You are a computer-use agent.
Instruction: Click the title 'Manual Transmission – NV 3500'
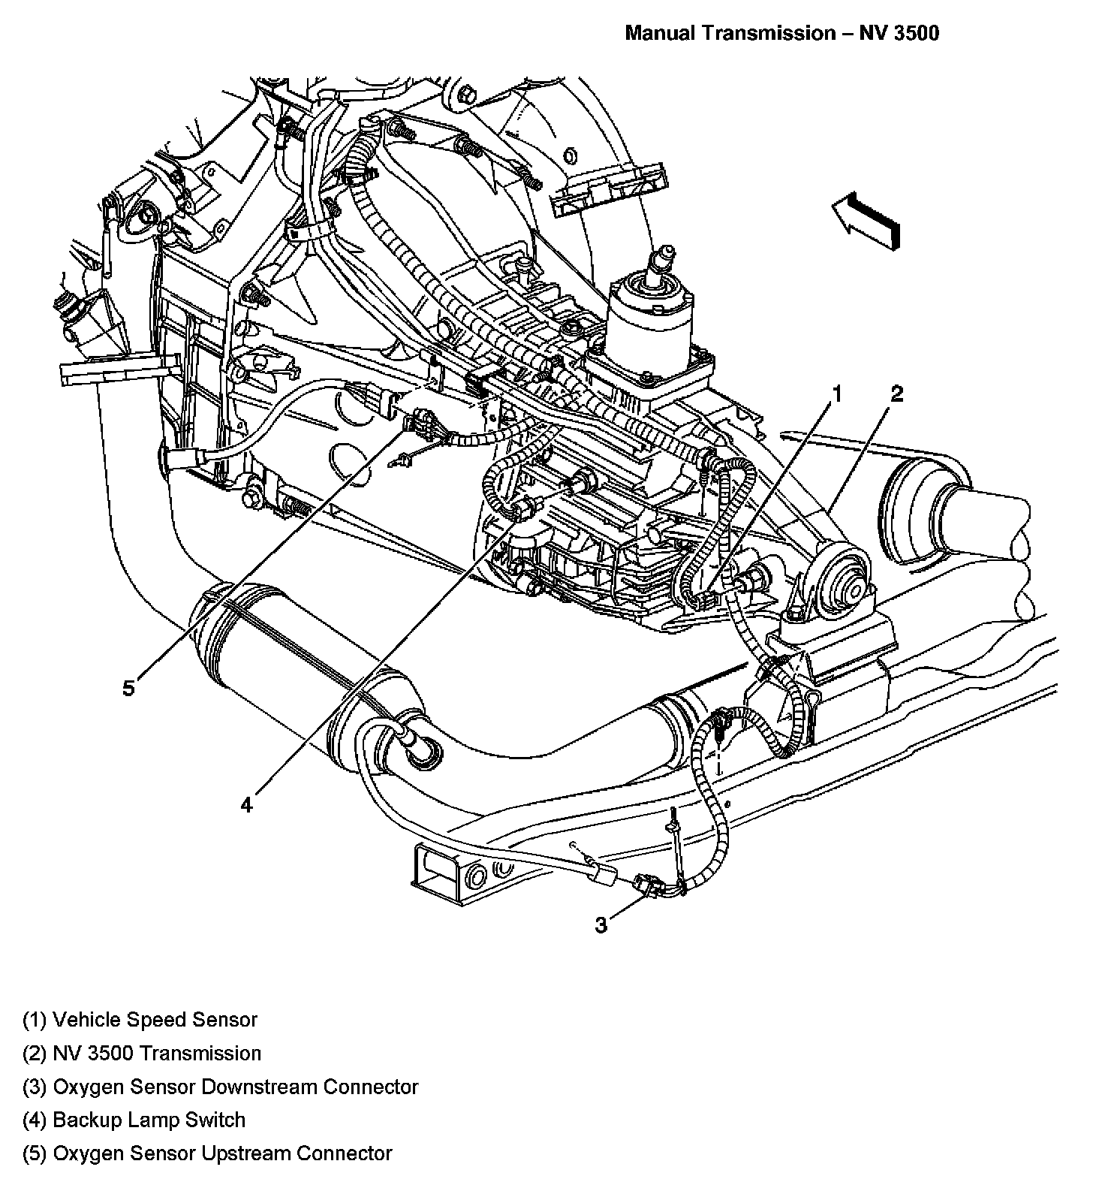tap(781, 33)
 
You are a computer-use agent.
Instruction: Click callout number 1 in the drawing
tap(836, 394)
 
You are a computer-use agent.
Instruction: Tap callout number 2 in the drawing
tap(896, 394)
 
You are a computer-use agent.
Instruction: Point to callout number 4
tap(247, 805)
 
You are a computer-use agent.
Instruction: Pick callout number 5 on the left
tap(129, 687)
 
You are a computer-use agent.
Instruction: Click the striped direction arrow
tap(866, 219)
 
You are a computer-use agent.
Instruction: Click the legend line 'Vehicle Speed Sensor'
tap(140, 1020)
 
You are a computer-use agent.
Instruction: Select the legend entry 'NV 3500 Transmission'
tap(142, 1054)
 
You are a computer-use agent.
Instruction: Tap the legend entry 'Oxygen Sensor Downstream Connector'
tap(220, 1087)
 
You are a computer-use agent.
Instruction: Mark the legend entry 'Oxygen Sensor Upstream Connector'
tap(207, 1153)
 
